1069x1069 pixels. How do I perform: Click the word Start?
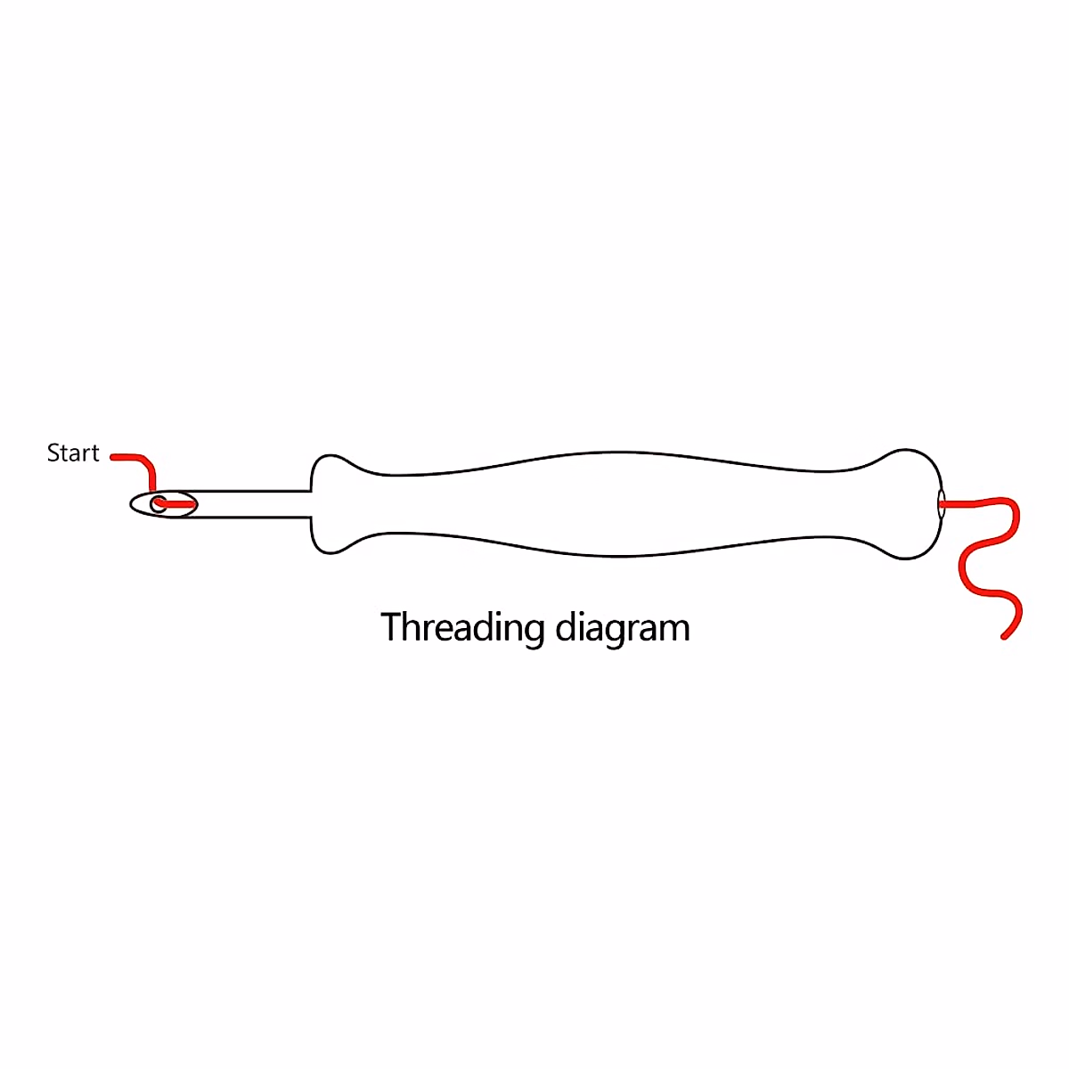coord(73,453)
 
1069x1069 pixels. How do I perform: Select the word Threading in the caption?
coord(462,628)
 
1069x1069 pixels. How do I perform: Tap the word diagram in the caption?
coord(623,629)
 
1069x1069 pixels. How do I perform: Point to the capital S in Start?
coord(53,453)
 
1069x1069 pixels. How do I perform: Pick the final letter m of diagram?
coord(676,630)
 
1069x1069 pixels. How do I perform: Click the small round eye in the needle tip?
coord(158,504)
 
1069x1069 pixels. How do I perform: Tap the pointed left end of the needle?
coord(133,504)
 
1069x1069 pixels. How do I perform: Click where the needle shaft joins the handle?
coord(311,503)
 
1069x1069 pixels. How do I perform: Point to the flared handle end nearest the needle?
coord(330,503)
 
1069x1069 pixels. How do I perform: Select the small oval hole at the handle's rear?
coord(941,503)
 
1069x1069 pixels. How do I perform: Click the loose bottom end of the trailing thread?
coord(1005,636)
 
